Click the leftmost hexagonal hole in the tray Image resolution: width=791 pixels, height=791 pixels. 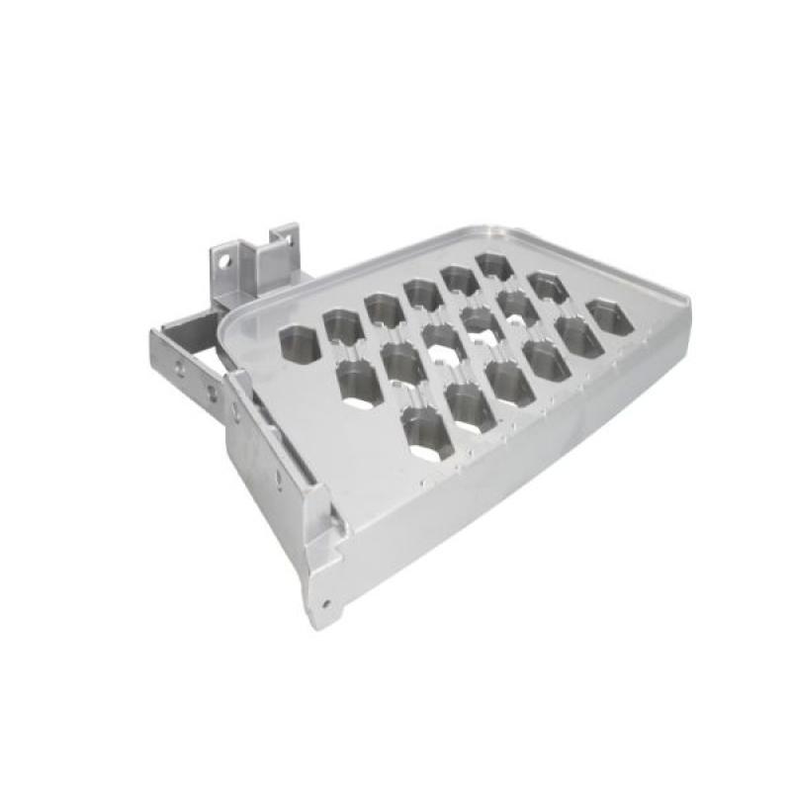point(300,343)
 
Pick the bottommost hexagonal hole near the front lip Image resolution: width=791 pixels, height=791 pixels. point(427,434)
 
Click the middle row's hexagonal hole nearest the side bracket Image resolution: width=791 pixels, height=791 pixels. point(358,380)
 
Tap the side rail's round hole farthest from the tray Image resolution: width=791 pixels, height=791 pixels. point(180,367)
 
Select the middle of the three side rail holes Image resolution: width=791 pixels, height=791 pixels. point(211,390)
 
